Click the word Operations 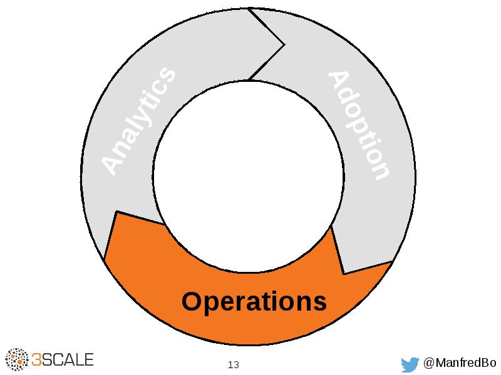click(254, 302)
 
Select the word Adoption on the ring click(359, 126)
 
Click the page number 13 click(234, 364)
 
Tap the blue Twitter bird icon click(410, 364)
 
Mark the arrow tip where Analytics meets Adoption click(283, 44)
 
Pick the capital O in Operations click(191, 302)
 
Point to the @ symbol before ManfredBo click(429, 363)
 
